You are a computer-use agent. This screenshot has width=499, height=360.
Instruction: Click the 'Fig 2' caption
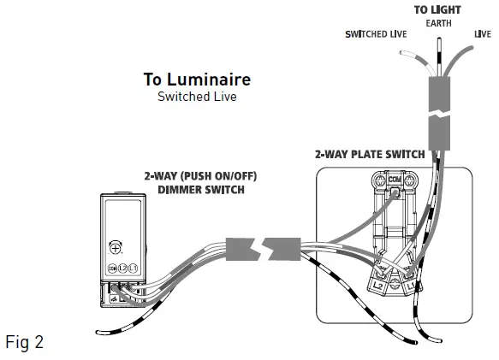24,342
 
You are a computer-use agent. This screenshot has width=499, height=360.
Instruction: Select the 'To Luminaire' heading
197,79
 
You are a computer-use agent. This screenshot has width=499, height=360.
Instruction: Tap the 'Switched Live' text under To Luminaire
197,97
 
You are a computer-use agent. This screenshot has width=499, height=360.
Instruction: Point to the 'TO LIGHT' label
437,9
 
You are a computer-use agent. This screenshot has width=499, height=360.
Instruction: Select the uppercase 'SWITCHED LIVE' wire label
375,34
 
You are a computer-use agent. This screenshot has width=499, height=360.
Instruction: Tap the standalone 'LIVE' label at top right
482,34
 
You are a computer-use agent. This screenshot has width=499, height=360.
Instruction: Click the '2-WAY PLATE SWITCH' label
369,155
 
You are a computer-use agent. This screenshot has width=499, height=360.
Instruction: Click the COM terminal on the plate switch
395,180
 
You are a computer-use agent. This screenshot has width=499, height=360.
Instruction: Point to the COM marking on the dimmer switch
112,269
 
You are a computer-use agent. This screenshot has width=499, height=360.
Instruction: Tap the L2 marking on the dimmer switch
123,269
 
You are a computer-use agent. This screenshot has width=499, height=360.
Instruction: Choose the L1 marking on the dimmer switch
134,269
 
